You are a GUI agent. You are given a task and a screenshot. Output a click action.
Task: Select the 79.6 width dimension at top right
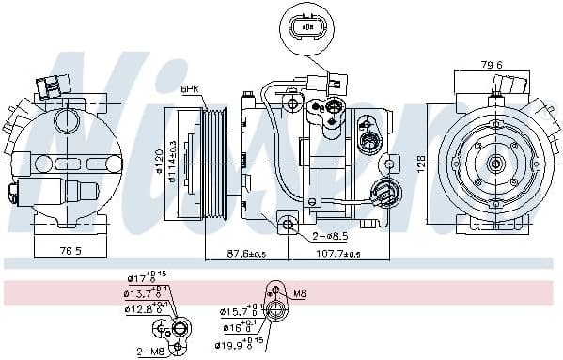(x=493, y=65)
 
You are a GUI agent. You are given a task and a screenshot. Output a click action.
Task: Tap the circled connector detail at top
(x=305, y=28)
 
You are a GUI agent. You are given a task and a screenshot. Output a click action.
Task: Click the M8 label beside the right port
(x=300, y=293)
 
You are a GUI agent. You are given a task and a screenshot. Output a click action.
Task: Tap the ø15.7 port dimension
(x=237, y=311)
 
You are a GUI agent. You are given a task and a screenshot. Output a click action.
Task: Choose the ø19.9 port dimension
(x=237, y=344)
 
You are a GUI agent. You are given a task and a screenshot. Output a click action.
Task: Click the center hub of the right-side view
(x=495, y=163)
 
